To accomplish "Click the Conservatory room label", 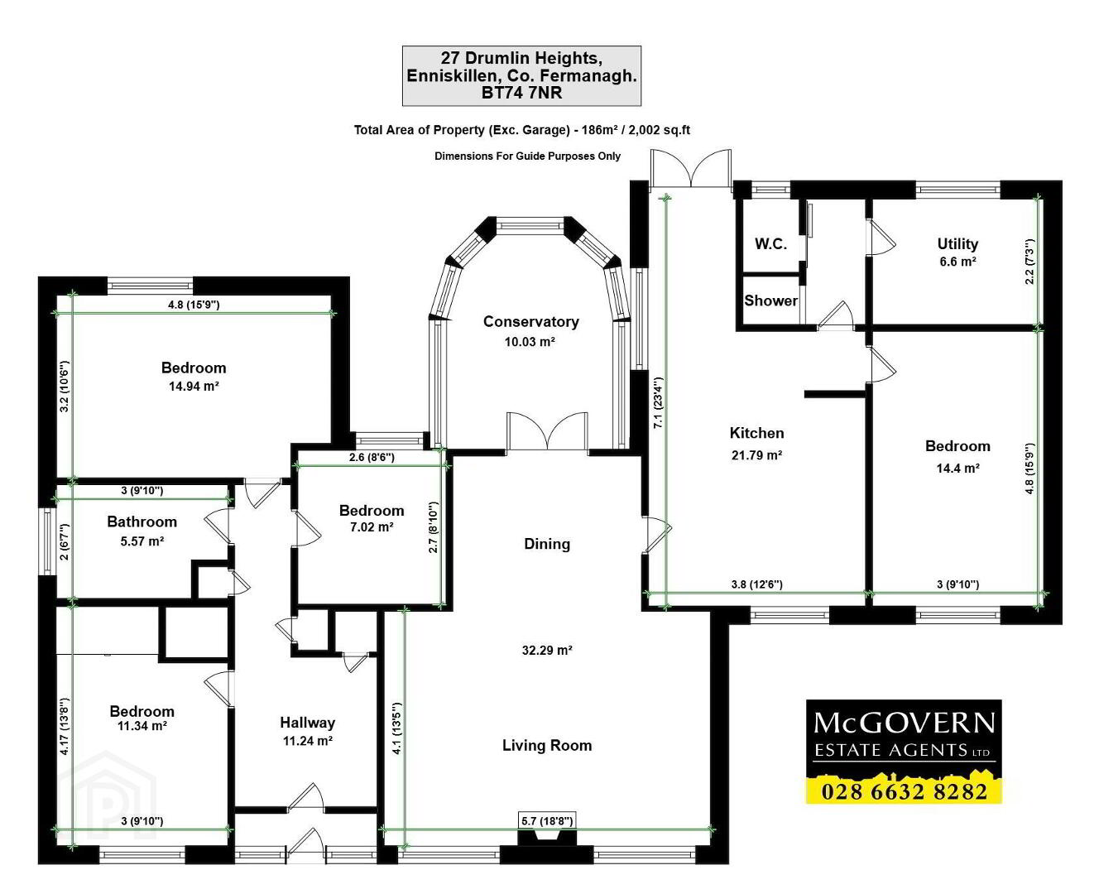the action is pyautogui.click(x=531, y=321).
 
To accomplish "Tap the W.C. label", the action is pyautogui.click(x=770, y=243).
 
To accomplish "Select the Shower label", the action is pyautogui.click(x=770, y=300).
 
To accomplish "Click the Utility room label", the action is pyautogui.click(x=957, y=243).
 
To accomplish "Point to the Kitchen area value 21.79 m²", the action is pyautogui.click(x=757, y=455).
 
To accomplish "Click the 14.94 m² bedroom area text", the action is pyautogui.click(x=194, y=386).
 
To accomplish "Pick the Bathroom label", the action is pyautogui.click(x=142, y=521).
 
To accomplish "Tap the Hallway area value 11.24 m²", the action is pyautogui.click(x=308, y=741).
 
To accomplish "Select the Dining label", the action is pyautogui.click(x=547, y=544).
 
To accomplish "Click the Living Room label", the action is pyautogui.click(x=547, y=745).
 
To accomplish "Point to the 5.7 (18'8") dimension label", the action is pyautogui.click(x=547, y=820).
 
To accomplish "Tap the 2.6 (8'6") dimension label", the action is pyautogui.click(x=372, y=457).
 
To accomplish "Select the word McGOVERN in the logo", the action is pyautogui.click(x=904, y=723).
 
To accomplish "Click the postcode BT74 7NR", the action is pyautogui.click(x=521, y=93).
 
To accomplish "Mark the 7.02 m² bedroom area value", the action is pyautogui.click(x=372, y=527).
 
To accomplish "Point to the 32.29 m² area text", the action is pyautogui.click(x=547, y=651).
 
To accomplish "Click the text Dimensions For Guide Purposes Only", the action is pyautogui.click(x=527, y=156).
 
